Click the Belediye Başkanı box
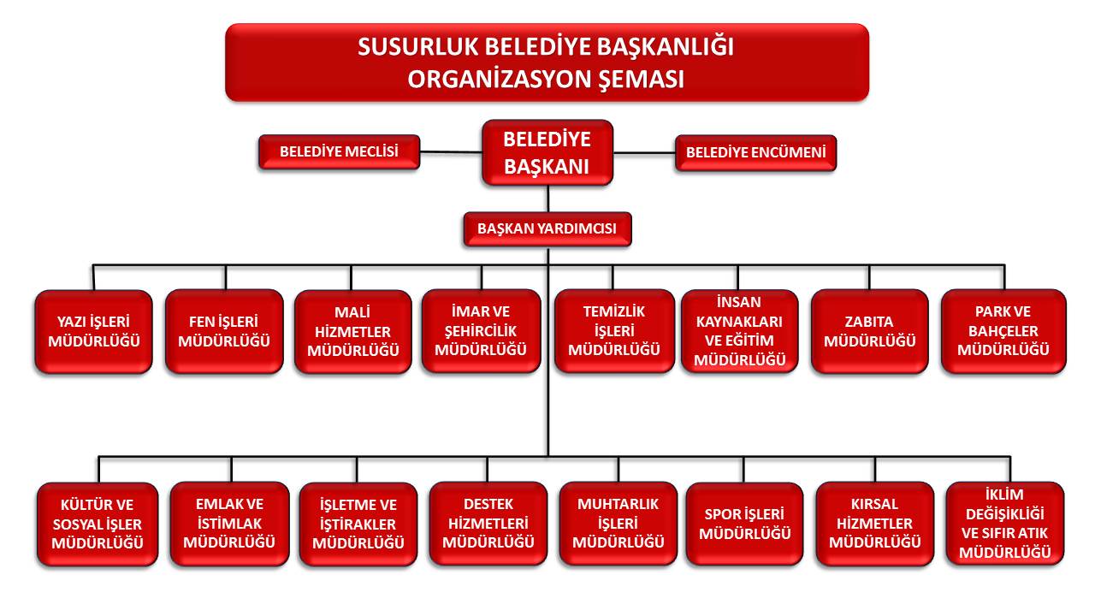click(x=547, y=152)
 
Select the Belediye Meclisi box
click(x=340, y=152)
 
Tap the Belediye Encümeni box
click(x=755, y=153)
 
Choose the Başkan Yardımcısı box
click(x=547, y=228)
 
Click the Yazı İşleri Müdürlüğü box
click(x=94, y=331)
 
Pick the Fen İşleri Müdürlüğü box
click(x=224, y=331)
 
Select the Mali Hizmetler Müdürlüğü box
click(x=353, y=331)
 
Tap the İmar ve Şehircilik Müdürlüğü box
click(x=481, y=331)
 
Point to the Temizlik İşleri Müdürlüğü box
click(x=614, y=331)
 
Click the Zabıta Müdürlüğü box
click(x=870, y=331)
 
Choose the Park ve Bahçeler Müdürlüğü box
click(x=1003, y=331)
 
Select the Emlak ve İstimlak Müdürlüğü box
click(x=230, y=524)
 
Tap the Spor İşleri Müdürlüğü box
click(x=744, y=524)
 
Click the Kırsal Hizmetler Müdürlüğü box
click(x=875, y=524)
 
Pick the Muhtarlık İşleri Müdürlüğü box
click(x=619, y=524)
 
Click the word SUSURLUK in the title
click(x=418, y=47)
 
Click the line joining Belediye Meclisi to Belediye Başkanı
click(x=451, y=152)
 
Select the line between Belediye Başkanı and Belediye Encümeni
click(x=644, y=153)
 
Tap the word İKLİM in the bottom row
click(x=1004, y=495)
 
